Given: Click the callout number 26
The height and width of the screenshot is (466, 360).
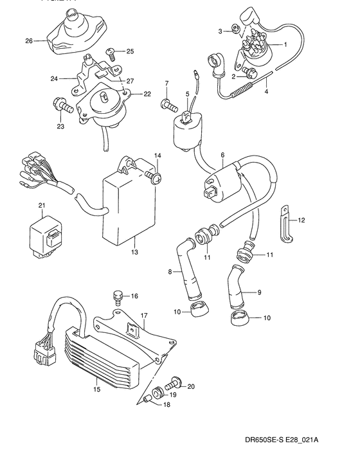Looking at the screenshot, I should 29,41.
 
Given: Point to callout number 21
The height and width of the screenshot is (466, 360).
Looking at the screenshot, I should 42,205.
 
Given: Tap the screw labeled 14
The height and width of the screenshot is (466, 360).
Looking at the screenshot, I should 154,174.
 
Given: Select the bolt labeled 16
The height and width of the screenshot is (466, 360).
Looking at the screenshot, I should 117,296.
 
